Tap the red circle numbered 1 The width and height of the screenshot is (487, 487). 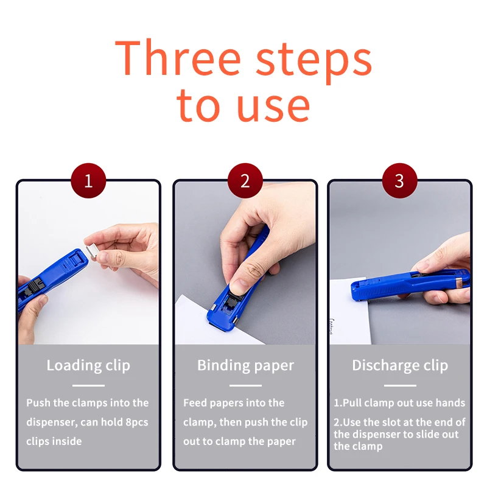pyautogui.click(x=88, y=181)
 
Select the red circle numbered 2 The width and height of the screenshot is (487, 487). pyautogui.click(x=245, y=181)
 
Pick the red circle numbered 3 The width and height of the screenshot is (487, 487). pyautogui.click(x=399, y=181)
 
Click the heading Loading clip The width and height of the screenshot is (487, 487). pyautogui.click(x=88, y=365)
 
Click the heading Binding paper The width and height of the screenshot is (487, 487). pyautogui.click(x=245, y=365)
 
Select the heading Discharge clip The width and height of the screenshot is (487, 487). pyautogui.click(x=400, y=365)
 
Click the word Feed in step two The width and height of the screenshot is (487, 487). pyautogui.click(x=195, y=403)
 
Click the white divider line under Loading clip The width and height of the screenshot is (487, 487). pyautogui.click(x=88, y=385)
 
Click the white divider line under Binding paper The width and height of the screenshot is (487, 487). pyautogui.click(x=245, y=385)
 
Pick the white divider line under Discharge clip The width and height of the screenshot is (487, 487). pyautogui.click(x=400, y=385)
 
